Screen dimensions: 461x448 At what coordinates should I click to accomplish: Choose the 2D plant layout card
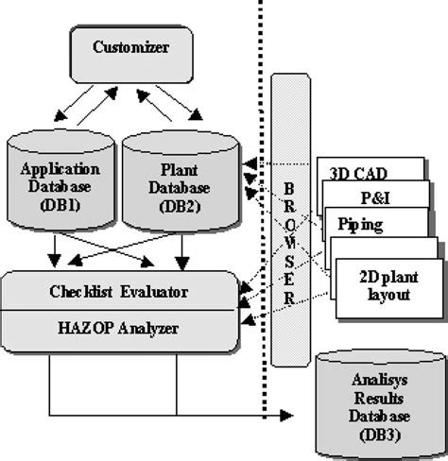coord(388,285)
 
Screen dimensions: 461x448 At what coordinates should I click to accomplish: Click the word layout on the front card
coord(388,295)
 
